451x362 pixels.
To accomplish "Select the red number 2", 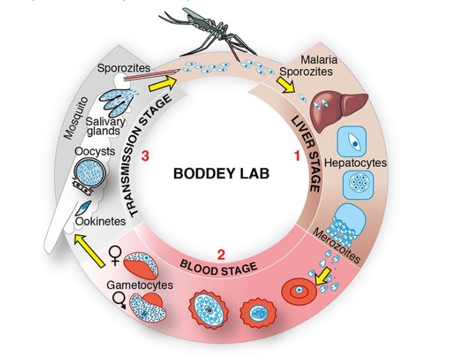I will coord(221,255).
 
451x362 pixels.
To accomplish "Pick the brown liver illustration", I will coord(343,103).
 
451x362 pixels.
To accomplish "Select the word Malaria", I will coord(338,60).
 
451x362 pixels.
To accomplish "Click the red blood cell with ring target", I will coord(298,292).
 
